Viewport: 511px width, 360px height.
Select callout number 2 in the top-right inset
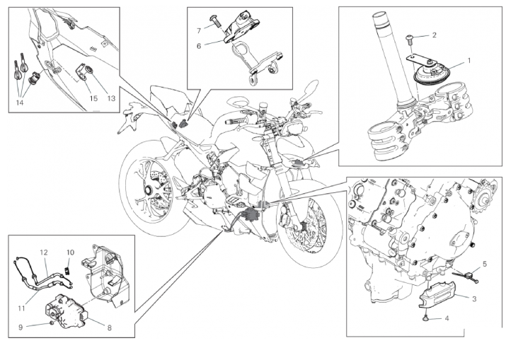tap(434, 35)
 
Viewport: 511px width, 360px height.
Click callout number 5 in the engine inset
tap(484, 263)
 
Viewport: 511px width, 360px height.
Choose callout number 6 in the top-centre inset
tap(199, 46)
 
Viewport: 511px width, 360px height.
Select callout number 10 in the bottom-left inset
tap(70, 252)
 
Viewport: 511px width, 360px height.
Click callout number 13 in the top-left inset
tap(110, 98)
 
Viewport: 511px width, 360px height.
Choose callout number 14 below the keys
tap(19, 101)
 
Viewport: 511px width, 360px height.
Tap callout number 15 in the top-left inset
tap(93, 98)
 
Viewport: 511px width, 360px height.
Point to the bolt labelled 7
tap(217, 24)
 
